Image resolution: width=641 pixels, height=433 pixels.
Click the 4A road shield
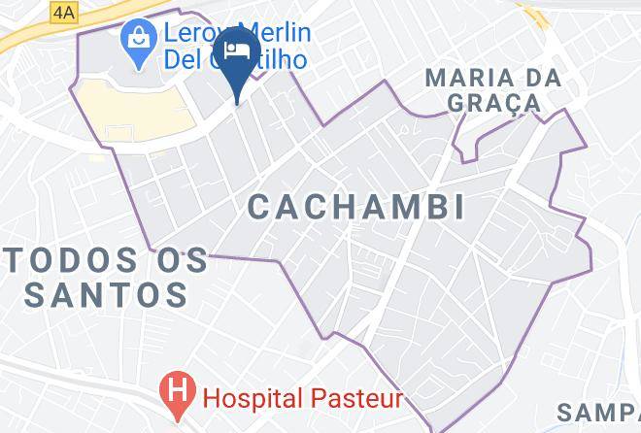pos(65,13)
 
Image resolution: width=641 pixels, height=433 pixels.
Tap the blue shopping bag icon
pos(136,45)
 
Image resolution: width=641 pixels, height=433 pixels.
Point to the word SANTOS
pos(106,293)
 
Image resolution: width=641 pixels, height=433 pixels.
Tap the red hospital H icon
pos(179,395)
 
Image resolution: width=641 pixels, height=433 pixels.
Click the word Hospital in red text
pos(252,397)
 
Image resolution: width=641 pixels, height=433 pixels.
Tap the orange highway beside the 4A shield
pos(24,37)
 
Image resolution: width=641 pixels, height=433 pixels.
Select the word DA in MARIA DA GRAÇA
pos(552,76)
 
